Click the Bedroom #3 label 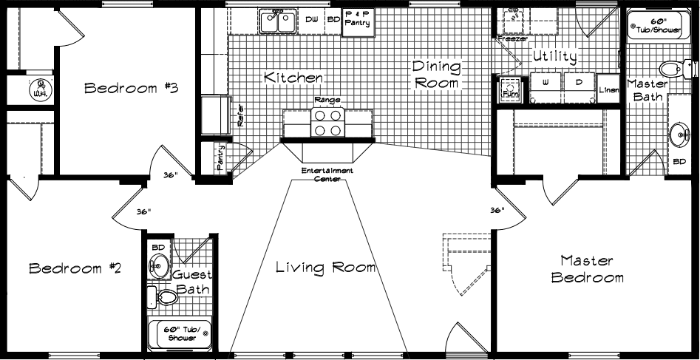tap(132, 89)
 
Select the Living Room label tap(325, 267)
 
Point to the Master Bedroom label tap(587, 269)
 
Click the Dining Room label tap(436, 75)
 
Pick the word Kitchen tap(293, 77)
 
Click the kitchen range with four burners tap(327, 123)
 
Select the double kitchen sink tap(277, 22)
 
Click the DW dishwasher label tap(311, 21)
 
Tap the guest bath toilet tap(166, 297)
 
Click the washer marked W tap(546, 84)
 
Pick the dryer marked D tap(579, 84)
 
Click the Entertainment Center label tap(327, 174)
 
